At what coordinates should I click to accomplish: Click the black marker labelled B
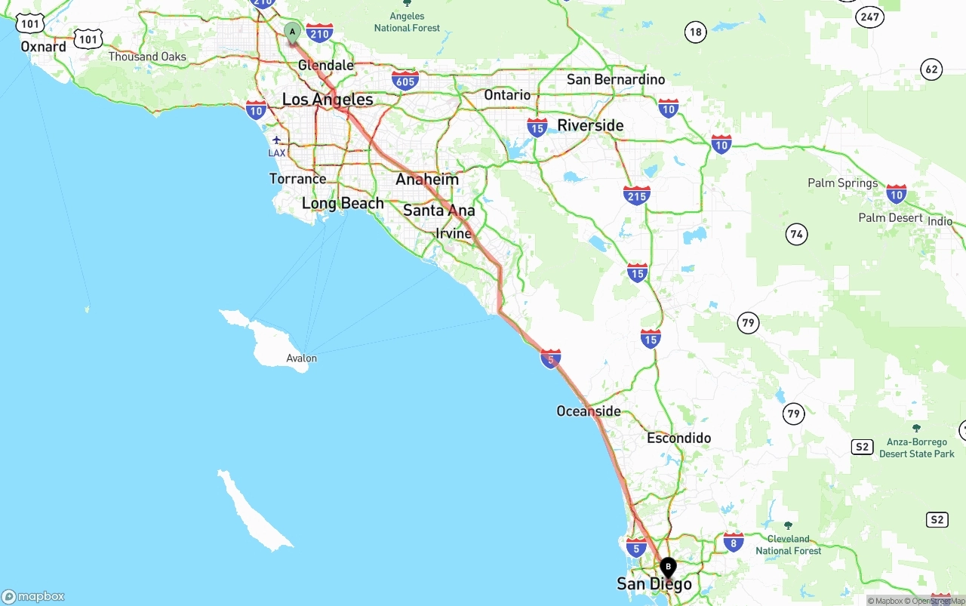668,568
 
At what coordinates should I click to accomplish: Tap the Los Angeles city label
328,100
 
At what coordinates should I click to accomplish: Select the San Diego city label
654,583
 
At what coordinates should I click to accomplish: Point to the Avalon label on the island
302,358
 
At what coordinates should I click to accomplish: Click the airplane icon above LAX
277,140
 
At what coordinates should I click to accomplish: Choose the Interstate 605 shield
405,80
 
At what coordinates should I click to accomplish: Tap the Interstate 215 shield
637,195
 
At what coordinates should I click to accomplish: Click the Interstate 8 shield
733,541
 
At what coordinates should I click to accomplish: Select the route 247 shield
870,16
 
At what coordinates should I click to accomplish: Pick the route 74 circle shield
796,235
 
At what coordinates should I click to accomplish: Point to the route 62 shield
932,70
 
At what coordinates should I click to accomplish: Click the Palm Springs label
842,183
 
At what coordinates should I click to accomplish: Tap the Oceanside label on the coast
589,411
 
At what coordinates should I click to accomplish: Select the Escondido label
678,438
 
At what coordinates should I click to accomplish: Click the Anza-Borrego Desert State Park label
916,448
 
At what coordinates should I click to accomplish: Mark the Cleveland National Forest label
789,545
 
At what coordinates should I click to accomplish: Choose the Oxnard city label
43,47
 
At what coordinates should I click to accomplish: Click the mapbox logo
33,596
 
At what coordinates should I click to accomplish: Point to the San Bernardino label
616,79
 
